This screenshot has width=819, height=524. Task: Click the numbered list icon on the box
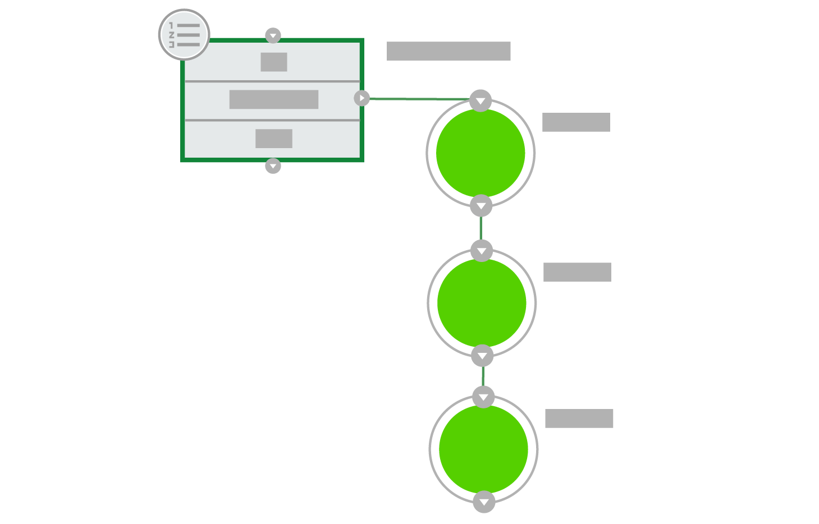184,35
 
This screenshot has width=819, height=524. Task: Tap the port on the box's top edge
273,36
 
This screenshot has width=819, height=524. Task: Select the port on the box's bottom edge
273,166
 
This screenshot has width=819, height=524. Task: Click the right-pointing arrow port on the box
362,98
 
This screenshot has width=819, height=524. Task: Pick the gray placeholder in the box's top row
274,62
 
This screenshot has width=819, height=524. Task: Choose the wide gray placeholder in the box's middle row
274,99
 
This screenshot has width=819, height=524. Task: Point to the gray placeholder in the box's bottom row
274,139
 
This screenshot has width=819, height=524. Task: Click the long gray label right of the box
449,51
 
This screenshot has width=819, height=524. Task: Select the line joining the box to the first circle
418,99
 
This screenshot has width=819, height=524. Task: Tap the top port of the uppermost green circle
481,101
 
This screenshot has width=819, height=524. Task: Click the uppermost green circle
481,153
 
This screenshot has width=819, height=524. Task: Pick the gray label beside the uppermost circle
576,122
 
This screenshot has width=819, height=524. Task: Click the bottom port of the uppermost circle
481,206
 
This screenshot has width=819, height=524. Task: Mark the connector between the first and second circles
481,228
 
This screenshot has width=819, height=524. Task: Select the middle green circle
482,303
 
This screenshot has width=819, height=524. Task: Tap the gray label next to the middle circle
577,272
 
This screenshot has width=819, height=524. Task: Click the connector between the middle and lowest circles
483,376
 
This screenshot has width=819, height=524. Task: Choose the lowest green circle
483,449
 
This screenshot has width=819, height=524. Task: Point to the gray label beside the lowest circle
579,419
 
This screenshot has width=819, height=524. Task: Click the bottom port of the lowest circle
484,502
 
